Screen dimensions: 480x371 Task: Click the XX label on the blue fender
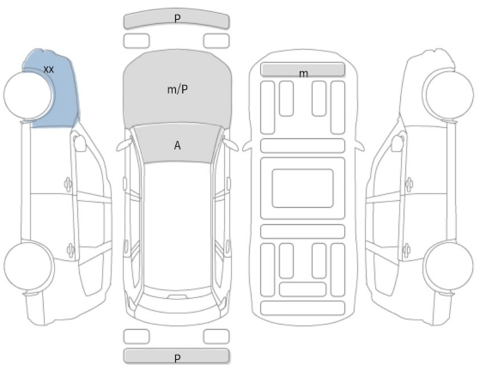(x=49, y=70)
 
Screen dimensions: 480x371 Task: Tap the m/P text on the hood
(x=178, y=89)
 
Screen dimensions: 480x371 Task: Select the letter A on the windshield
(x=177, y=145)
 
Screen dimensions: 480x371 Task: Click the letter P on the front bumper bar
(x=177, y=18)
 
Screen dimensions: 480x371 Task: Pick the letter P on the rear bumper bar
(x=177, y=358)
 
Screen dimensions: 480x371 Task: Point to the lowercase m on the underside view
(x=303, y=74)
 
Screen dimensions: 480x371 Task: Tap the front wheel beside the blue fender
(x=27, y=94)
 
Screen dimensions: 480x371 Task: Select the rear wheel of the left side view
(x=27, y=266)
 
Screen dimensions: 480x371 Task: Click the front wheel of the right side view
(x=449, y=94)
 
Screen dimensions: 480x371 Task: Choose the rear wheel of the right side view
(x=449, y=265)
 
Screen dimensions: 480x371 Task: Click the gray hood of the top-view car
(x=178, y=88)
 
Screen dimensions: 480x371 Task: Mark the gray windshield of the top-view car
(x=177, y=144)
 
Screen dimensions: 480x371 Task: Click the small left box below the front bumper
(x=137, y=41)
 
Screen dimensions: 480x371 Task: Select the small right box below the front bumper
(x=216, y=41)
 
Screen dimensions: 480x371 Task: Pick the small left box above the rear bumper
(x=137, y=337)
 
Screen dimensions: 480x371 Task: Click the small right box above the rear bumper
(x=216, y=337)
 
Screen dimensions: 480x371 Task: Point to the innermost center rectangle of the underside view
(x=302, y=188)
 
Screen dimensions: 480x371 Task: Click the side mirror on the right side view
(x=398, y=143)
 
